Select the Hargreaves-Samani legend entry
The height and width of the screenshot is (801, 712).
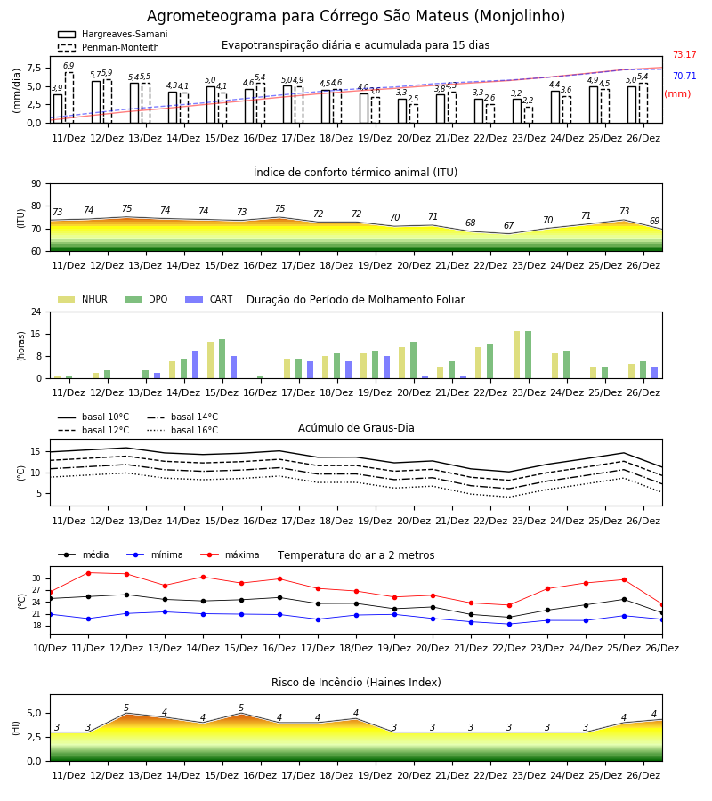point(113,34)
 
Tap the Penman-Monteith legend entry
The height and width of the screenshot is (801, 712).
point(109,47)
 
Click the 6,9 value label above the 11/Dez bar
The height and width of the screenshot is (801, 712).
point(69,66)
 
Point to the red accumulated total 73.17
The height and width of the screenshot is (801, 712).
point(684,54)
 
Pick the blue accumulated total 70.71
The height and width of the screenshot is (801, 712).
point(684,77)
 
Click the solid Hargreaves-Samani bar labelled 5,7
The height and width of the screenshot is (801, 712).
point(96,102)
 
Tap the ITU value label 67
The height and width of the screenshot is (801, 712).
point(509,225)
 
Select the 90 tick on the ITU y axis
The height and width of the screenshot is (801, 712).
point(36,184)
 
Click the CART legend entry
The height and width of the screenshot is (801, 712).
point(209,299)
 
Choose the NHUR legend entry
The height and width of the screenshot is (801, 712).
point(83,299)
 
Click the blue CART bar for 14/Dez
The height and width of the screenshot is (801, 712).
point(195,365)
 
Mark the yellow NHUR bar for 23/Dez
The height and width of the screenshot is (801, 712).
point(517,355)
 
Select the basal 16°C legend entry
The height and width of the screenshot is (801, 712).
point(182,430)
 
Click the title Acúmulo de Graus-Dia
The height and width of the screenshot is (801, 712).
point(356,427)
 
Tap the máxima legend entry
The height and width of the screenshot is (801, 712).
point(231,554)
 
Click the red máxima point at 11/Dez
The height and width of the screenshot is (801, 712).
point(88,573)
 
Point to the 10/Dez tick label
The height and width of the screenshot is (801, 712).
point(50,648)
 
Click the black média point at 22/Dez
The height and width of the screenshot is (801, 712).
point(509,617)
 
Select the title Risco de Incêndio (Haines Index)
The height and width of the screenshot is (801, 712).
point(356,683)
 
